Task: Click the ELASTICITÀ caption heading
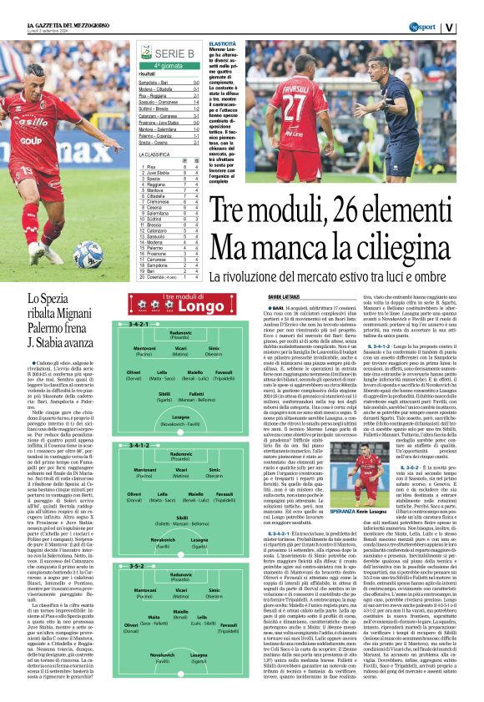pyautogui.click(x=221, y=42)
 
